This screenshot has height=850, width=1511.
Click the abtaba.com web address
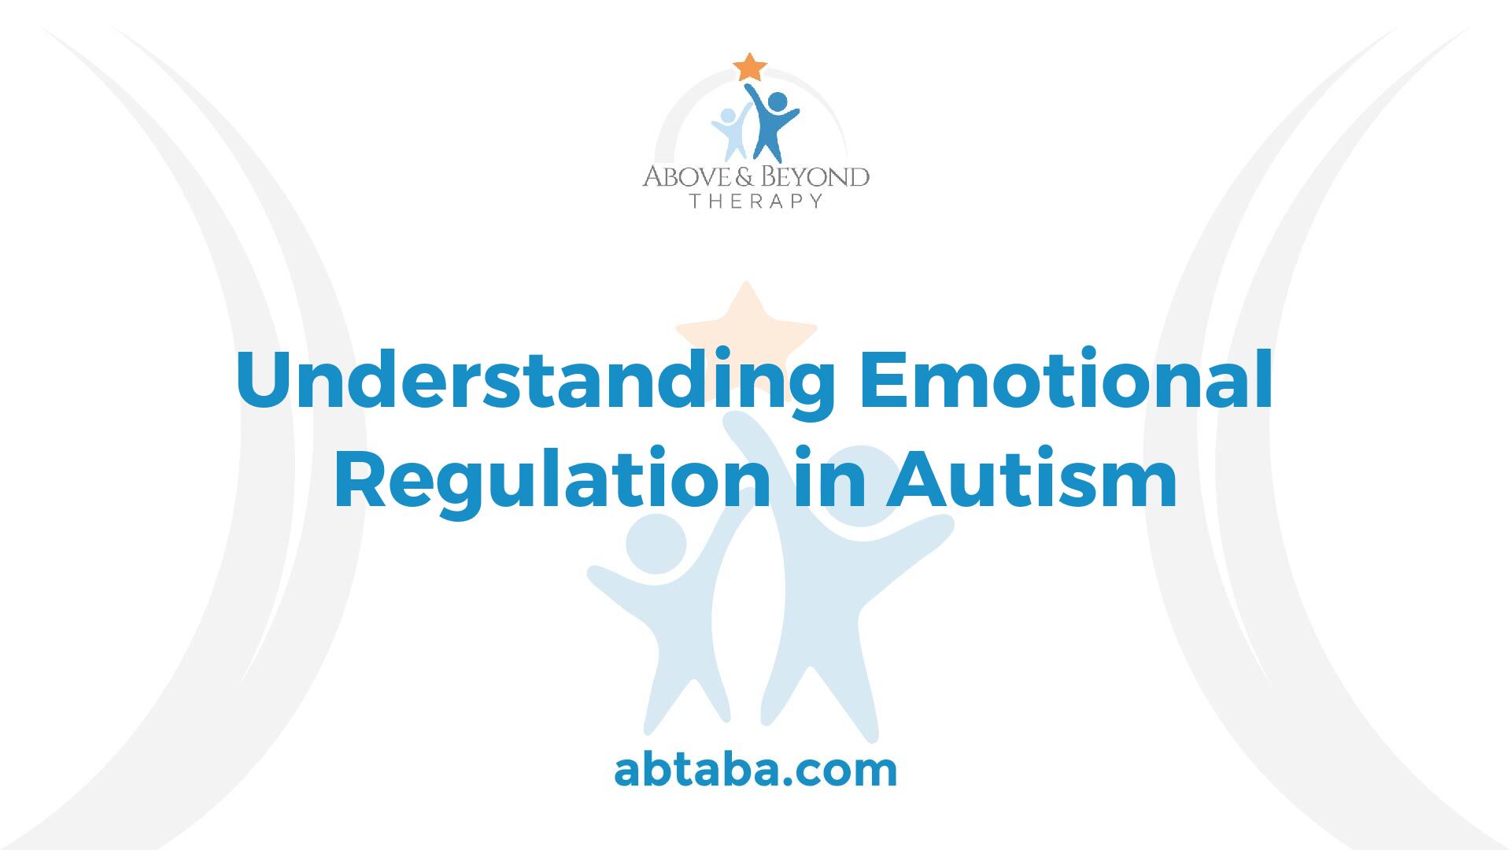pos(755,771)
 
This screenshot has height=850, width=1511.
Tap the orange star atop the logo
pos(749,67)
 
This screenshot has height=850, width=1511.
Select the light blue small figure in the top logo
pos(730,132)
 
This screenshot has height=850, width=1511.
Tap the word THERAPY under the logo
pos(755,201)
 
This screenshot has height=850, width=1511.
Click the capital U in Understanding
pos(266,381)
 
